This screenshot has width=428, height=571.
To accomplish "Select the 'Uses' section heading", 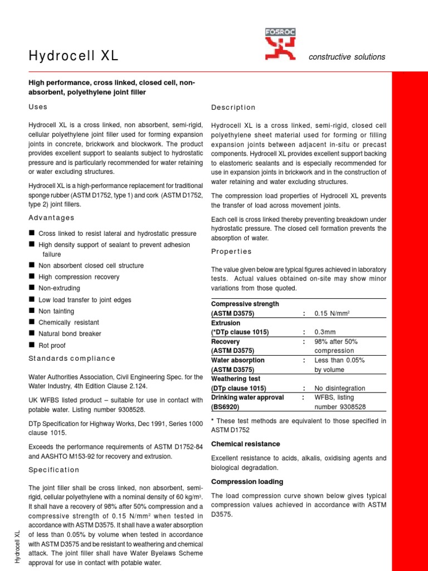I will tap(38, 107).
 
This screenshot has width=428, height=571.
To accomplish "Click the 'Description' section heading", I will tap(234, 107).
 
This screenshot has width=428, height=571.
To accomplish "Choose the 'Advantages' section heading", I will tap(51, 217).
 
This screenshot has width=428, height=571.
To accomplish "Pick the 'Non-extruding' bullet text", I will tap(59, 288).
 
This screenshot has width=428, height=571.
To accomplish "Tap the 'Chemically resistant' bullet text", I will tap(69, 322).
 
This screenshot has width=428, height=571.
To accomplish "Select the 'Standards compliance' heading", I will tap(72, 359).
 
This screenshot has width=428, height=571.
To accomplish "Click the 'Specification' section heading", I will tap(54, 470).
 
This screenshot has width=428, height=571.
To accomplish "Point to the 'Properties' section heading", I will tap(232, 251).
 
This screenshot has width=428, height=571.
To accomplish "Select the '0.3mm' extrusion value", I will tap(326, 332).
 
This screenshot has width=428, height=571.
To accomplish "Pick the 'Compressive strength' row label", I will tap(245, 304).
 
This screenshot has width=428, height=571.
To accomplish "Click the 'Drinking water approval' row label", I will tap(247, 397).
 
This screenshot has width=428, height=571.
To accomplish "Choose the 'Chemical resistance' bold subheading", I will tap(246, 444).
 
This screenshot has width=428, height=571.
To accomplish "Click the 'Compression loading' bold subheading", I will tap(247, 481).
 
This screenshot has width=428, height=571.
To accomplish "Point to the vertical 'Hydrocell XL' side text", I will tap(17, 546).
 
